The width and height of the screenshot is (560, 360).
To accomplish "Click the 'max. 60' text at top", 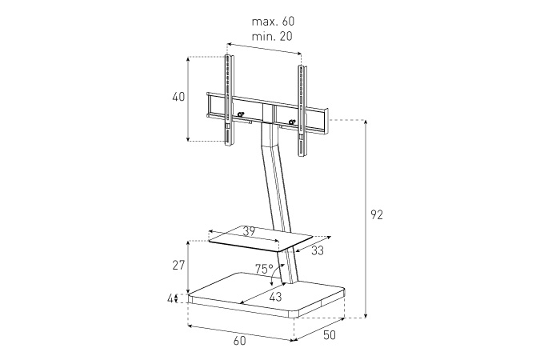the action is click(x=274, y=22).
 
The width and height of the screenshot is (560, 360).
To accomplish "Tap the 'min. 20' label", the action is click(x=272, y=36).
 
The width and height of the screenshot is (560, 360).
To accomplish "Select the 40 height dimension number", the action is click(x=178, y=97).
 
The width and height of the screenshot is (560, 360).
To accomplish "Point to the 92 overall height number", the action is click(x=377, y=214).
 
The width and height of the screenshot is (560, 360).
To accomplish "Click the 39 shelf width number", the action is click(x=249, y=231).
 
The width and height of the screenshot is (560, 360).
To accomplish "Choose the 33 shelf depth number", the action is click(x=317, y=250).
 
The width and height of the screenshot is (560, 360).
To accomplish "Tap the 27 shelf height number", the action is click(x=178, y=266).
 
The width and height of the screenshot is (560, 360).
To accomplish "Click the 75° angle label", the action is click(x=264, y=269).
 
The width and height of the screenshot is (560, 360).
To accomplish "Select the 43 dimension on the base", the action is click(x=275, y=297).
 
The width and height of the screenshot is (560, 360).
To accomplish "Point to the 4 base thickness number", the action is click(x=170, y=298).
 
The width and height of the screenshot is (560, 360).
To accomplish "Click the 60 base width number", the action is click(x=240, y=341).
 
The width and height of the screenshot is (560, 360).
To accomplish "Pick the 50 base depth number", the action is click(x=330, y=335).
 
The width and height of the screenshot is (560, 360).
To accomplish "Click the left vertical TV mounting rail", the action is click(x=229, y=100).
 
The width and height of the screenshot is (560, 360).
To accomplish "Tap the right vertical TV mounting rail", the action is click(x=303, y=110).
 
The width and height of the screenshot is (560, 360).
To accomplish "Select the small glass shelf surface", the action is click(x=261, y=238).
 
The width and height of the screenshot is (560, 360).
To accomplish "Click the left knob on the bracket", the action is click(x=241, y=114).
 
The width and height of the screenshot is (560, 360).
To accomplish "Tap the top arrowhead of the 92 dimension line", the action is click(x=366, y=122).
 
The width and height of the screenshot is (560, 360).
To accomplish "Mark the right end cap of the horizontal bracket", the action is click(x=326, y=122).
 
